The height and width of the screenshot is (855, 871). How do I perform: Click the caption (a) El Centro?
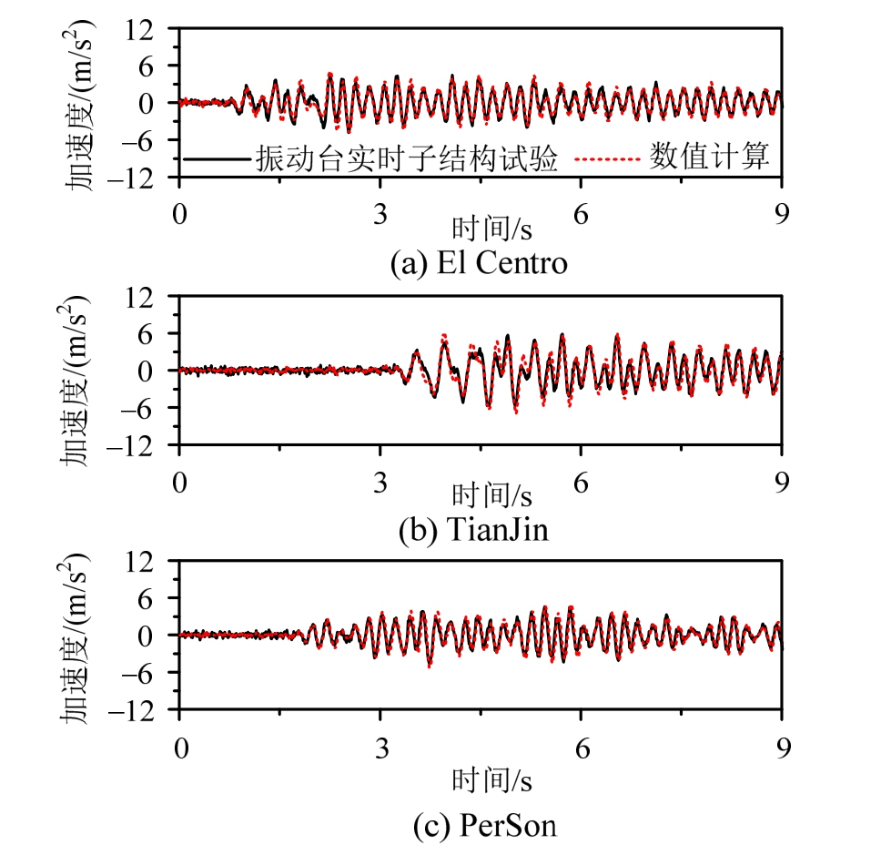pos(478,263)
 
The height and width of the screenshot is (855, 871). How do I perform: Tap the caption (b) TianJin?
pos(474,530)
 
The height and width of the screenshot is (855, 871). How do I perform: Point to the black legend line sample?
pos(217,158)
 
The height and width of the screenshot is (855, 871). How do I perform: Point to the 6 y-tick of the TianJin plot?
pos(157,333)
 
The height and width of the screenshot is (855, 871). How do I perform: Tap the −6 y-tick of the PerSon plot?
pos(151,673)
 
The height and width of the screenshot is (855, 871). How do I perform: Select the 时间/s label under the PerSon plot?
pos(491,780)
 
